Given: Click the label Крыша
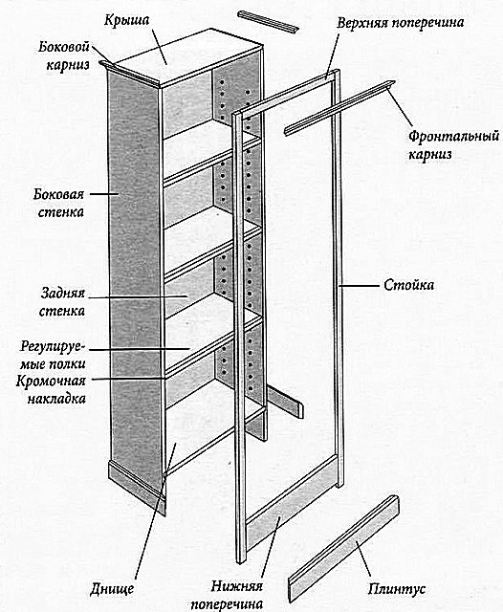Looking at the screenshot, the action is (127, 20).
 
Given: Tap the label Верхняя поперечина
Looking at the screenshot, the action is (401, 23).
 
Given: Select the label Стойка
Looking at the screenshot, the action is (408, 285).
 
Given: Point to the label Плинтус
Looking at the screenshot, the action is (397, 589).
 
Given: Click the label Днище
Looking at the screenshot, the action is (112, 589).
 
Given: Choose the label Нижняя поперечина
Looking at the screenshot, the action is (227, 595).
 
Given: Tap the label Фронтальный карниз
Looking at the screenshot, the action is (453, 144).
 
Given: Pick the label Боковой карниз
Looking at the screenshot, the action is (64, 55).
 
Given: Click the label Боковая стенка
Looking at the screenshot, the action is (59, 203).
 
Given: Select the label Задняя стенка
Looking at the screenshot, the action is (62, 302).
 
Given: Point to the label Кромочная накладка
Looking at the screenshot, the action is (51, 389).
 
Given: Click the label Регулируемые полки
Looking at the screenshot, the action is (53, 355).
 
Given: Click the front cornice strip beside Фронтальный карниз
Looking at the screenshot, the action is (339, 108).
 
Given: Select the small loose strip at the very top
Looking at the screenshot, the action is (268, 22).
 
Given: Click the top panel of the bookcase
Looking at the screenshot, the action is (187, 57).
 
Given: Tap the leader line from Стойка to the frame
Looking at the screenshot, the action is (359, 286).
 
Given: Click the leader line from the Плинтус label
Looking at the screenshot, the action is (362, 558).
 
